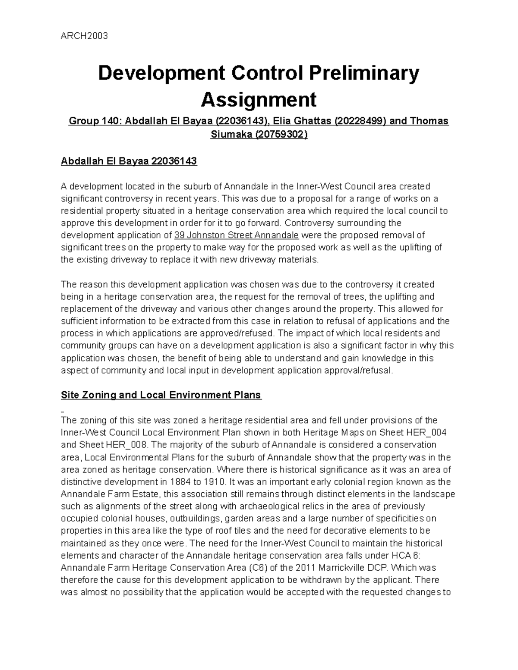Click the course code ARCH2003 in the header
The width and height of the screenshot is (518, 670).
click(x=84, y=36)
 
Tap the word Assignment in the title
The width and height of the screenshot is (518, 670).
click(x=259, y=100)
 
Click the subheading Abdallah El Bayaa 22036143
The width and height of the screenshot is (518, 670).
click(x=129, y=162)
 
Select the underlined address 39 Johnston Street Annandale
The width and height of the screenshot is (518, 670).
click(x=236, y=236)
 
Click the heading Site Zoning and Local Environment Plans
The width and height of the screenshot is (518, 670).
click(x=161, y=395)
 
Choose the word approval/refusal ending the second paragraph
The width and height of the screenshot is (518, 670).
click(x=355, y=371)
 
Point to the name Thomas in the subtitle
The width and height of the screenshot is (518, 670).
click(x=427, y=121)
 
